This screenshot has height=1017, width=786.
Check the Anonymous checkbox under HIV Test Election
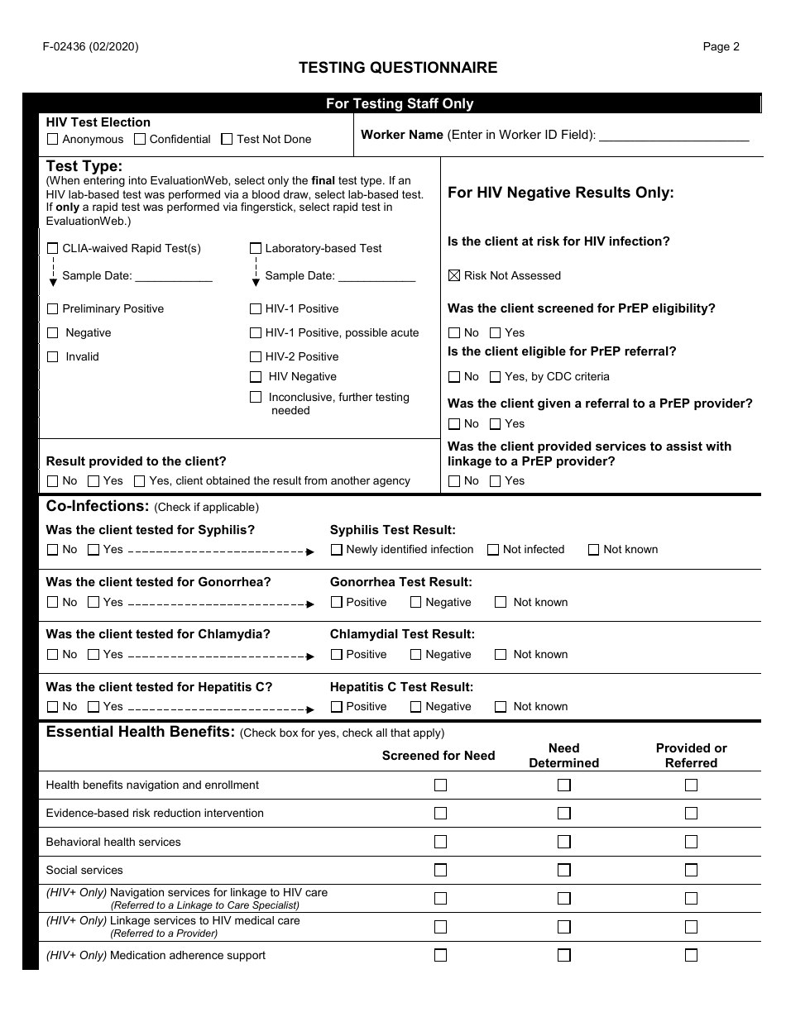coord(53,140)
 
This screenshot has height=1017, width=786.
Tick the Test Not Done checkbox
coord(227,140)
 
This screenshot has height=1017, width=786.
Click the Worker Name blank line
coord(673,136)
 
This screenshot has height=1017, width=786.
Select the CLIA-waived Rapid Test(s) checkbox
coord(53,248)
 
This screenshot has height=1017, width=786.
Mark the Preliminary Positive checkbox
coord(53,309)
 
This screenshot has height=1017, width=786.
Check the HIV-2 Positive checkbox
coord(256,357)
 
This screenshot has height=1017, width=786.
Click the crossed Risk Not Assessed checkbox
coord(454,275)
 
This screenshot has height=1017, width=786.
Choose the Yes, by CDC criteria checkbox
coord(496,377)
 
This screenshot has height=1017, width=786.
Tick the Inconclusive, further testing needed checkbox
coord(256,398)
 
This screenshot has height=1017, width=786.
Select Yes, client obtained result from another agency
coord(140,481)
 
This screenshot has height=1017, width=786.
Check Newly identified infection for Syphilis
coord(337,550)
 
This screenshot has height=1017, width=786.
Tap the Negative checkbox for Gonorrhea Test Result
coord(416,603)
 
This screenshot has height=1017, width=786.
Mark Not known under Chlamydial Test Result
coord(501,655)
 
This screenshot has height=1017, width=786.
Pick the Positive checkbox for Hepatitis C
coord(337,707)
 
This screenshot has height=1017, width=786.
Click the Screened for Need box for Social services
coord(440,870)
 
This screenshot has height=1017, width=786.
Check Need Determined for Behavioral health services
coord(563,842)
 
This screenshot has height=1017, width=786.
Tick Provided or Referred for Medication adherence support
coord(691,955)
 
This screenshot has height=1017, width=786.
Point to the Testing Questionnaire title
coord(398,68)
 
